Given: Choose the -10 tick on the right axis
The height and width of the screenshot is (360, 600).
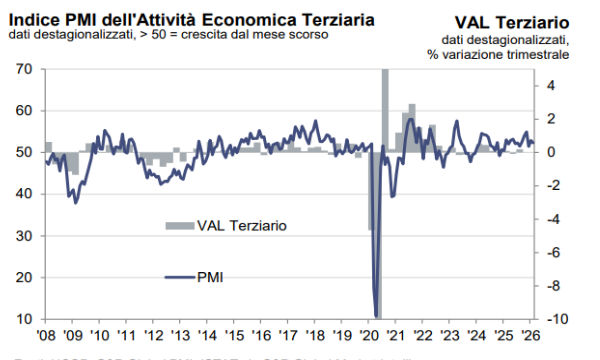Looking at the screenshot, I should [561, 319].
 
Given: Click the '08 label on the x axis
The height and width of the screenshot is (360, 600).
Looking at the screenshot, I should [45, 334].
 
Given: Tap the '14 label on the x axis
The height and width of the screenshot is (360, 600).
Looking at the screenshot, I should [208, 334].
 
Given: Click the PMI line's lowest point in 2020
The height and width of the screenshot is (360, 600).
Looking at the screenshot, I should [376, 316].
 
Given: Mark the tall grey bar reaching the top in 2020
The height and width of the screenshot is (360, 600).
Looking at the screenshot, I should [385, 110].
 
